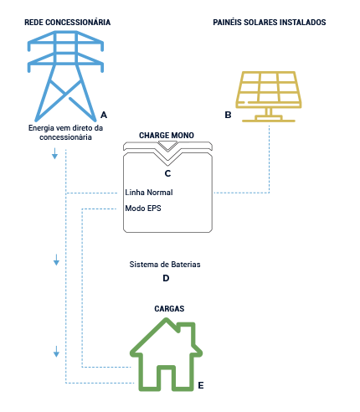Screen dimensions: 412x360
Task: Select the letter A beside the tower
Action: coord(103,113)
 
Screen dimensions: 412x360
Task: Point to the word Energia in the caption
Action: coord(42,127)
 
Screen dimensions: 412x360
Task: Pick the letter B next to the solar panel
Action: coord(228,116)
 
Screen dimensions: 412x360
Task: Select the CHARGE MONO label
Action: coord(167,134)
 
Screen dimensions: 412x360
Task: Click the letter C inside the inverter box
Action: coord(167,173)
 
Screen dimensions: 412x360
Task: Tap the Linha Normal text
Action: coord(148,192)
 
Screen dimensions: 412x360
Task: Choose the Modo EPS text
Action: coord(142,207)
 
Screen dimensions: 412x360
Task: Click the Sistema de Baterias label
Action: coord(165,264)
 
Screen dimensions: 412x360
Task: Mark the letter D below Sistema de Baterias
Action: coord(166,278)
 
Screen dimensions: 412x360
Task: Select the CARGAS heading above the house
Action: coord(169,308)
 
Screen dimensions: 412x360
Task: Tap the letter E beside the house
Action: coord(200,386)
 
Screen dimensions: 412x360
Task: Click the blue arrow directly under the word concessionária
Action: coord(55,154)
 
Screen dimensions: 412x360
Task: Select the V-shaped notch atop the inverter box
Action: coord(167,150)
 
